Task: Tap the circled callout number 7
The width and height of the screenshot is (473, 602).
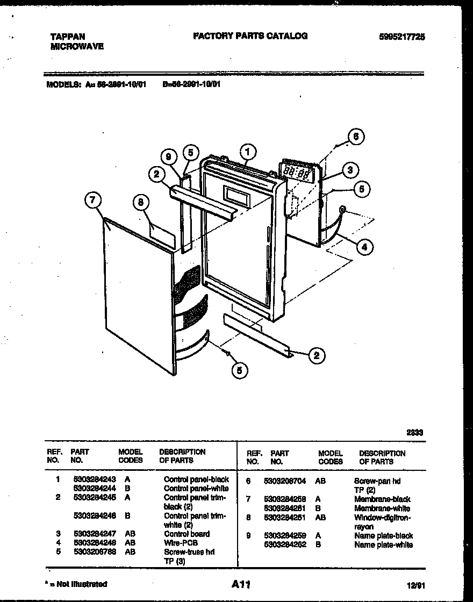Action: pyautogui.click(x=93, y=201)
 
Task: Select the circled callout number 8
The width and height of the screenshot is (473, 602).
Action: pyautogui.click(x=140, y=203)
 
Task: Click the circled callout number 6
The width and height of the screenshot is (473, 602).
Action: pyautogui.click(x=355, y=137)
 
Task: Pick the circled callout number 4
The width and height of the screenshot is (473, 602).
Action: pyautogui.click(x=364, y=247)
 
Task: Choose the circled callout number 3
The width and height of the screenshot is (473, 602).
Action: pyautogui.click(x=349, y=170)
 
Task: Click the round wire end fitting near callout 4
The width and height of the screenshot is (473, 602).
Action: pyautogui.click(x=342, y=209)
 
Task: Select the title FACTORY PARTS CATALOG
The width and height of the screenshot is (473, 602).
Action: pyautogui.click(x=250, y=36)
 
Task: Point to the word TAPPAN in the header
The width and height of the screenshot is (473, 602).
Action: pyautogui.click(x=67, y=37)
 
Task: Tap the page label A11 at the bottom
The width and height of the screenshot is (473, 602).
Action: pyautogui.click(x=242, y=584)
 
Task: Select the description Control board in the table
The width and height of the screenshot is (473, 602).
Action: pyautogui.click(x=187, y=534)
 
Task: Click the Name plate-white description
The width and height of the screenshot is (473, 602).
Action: pyautogui.click(x=383, y=544)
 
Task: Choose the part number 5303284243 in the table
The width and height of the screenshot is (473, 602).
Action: pyautogui.click(x=94, y=479)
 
